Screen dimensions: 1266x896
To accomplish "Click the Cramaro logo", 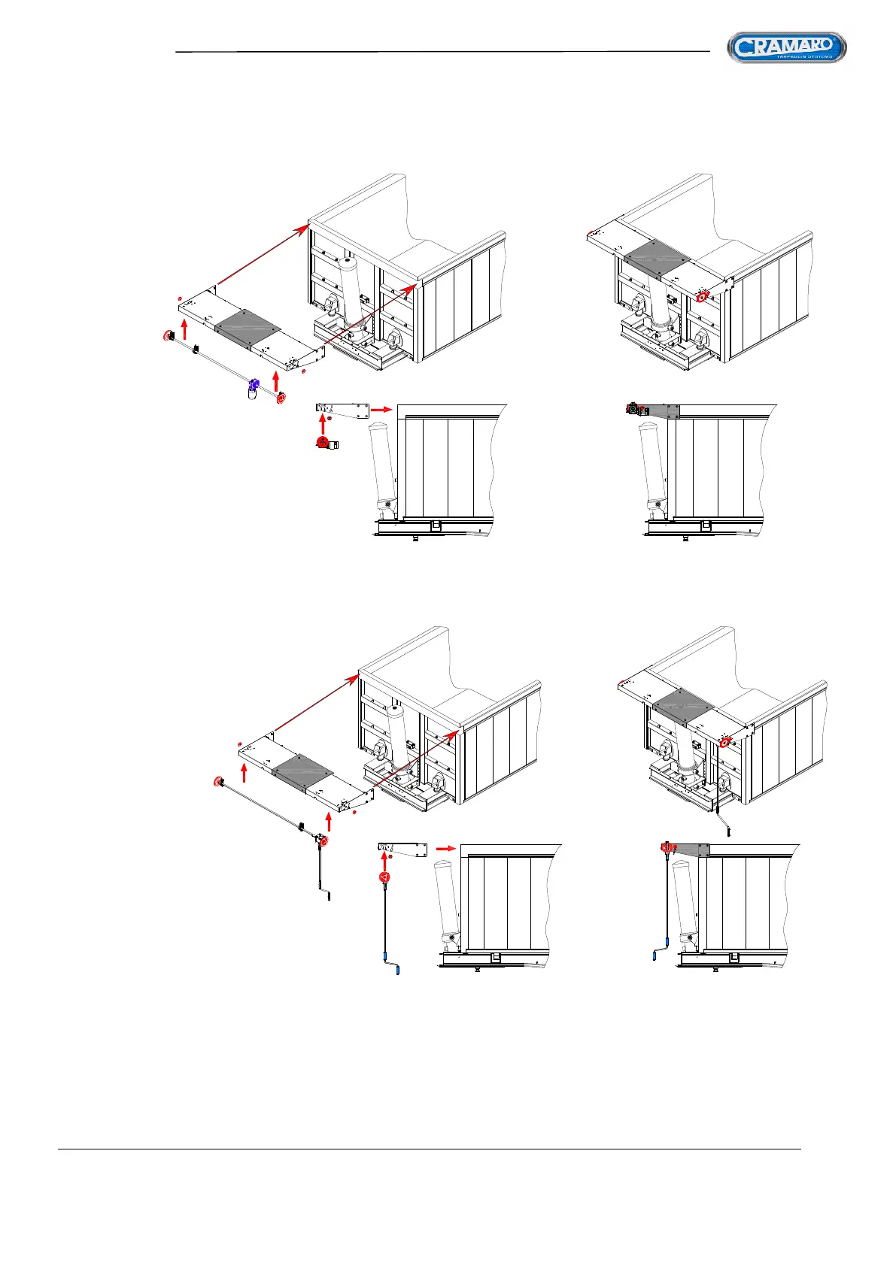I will coord(786,48).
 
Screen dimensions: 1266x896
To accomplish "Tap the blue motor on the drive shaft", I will coord(254,384).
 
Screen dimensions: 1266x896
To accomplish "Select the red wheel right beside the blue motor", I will coord(281,398).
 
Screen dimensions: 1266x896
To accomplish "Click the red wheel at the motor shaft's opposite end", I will coord(166,335).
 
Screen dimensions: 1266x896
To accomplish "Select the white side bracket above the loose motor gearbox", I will coord(342,409).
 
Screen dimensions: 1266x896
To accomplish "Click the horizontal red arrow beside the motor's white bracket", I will coord(382,410).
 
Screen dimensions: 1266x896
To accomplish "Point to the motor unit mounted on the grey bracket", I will coord(636,410).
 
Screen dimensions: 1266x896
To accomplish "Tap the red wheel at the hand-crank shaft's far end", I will coord(217,783).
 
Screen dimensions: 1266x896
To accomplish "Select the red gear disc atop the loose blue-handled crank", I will coord(384,877).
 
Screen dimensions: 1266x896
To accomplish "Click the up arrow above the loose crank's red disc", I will coord(384,859).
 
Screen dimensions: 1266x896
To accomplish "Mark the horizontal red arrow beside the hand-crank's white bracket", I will coord(446,849).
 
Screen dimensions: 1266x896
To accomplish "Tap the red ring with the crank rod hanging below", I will coord(724,744).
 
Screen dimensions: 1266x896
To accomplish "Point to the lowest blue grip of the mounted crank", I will coord(655,957).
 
